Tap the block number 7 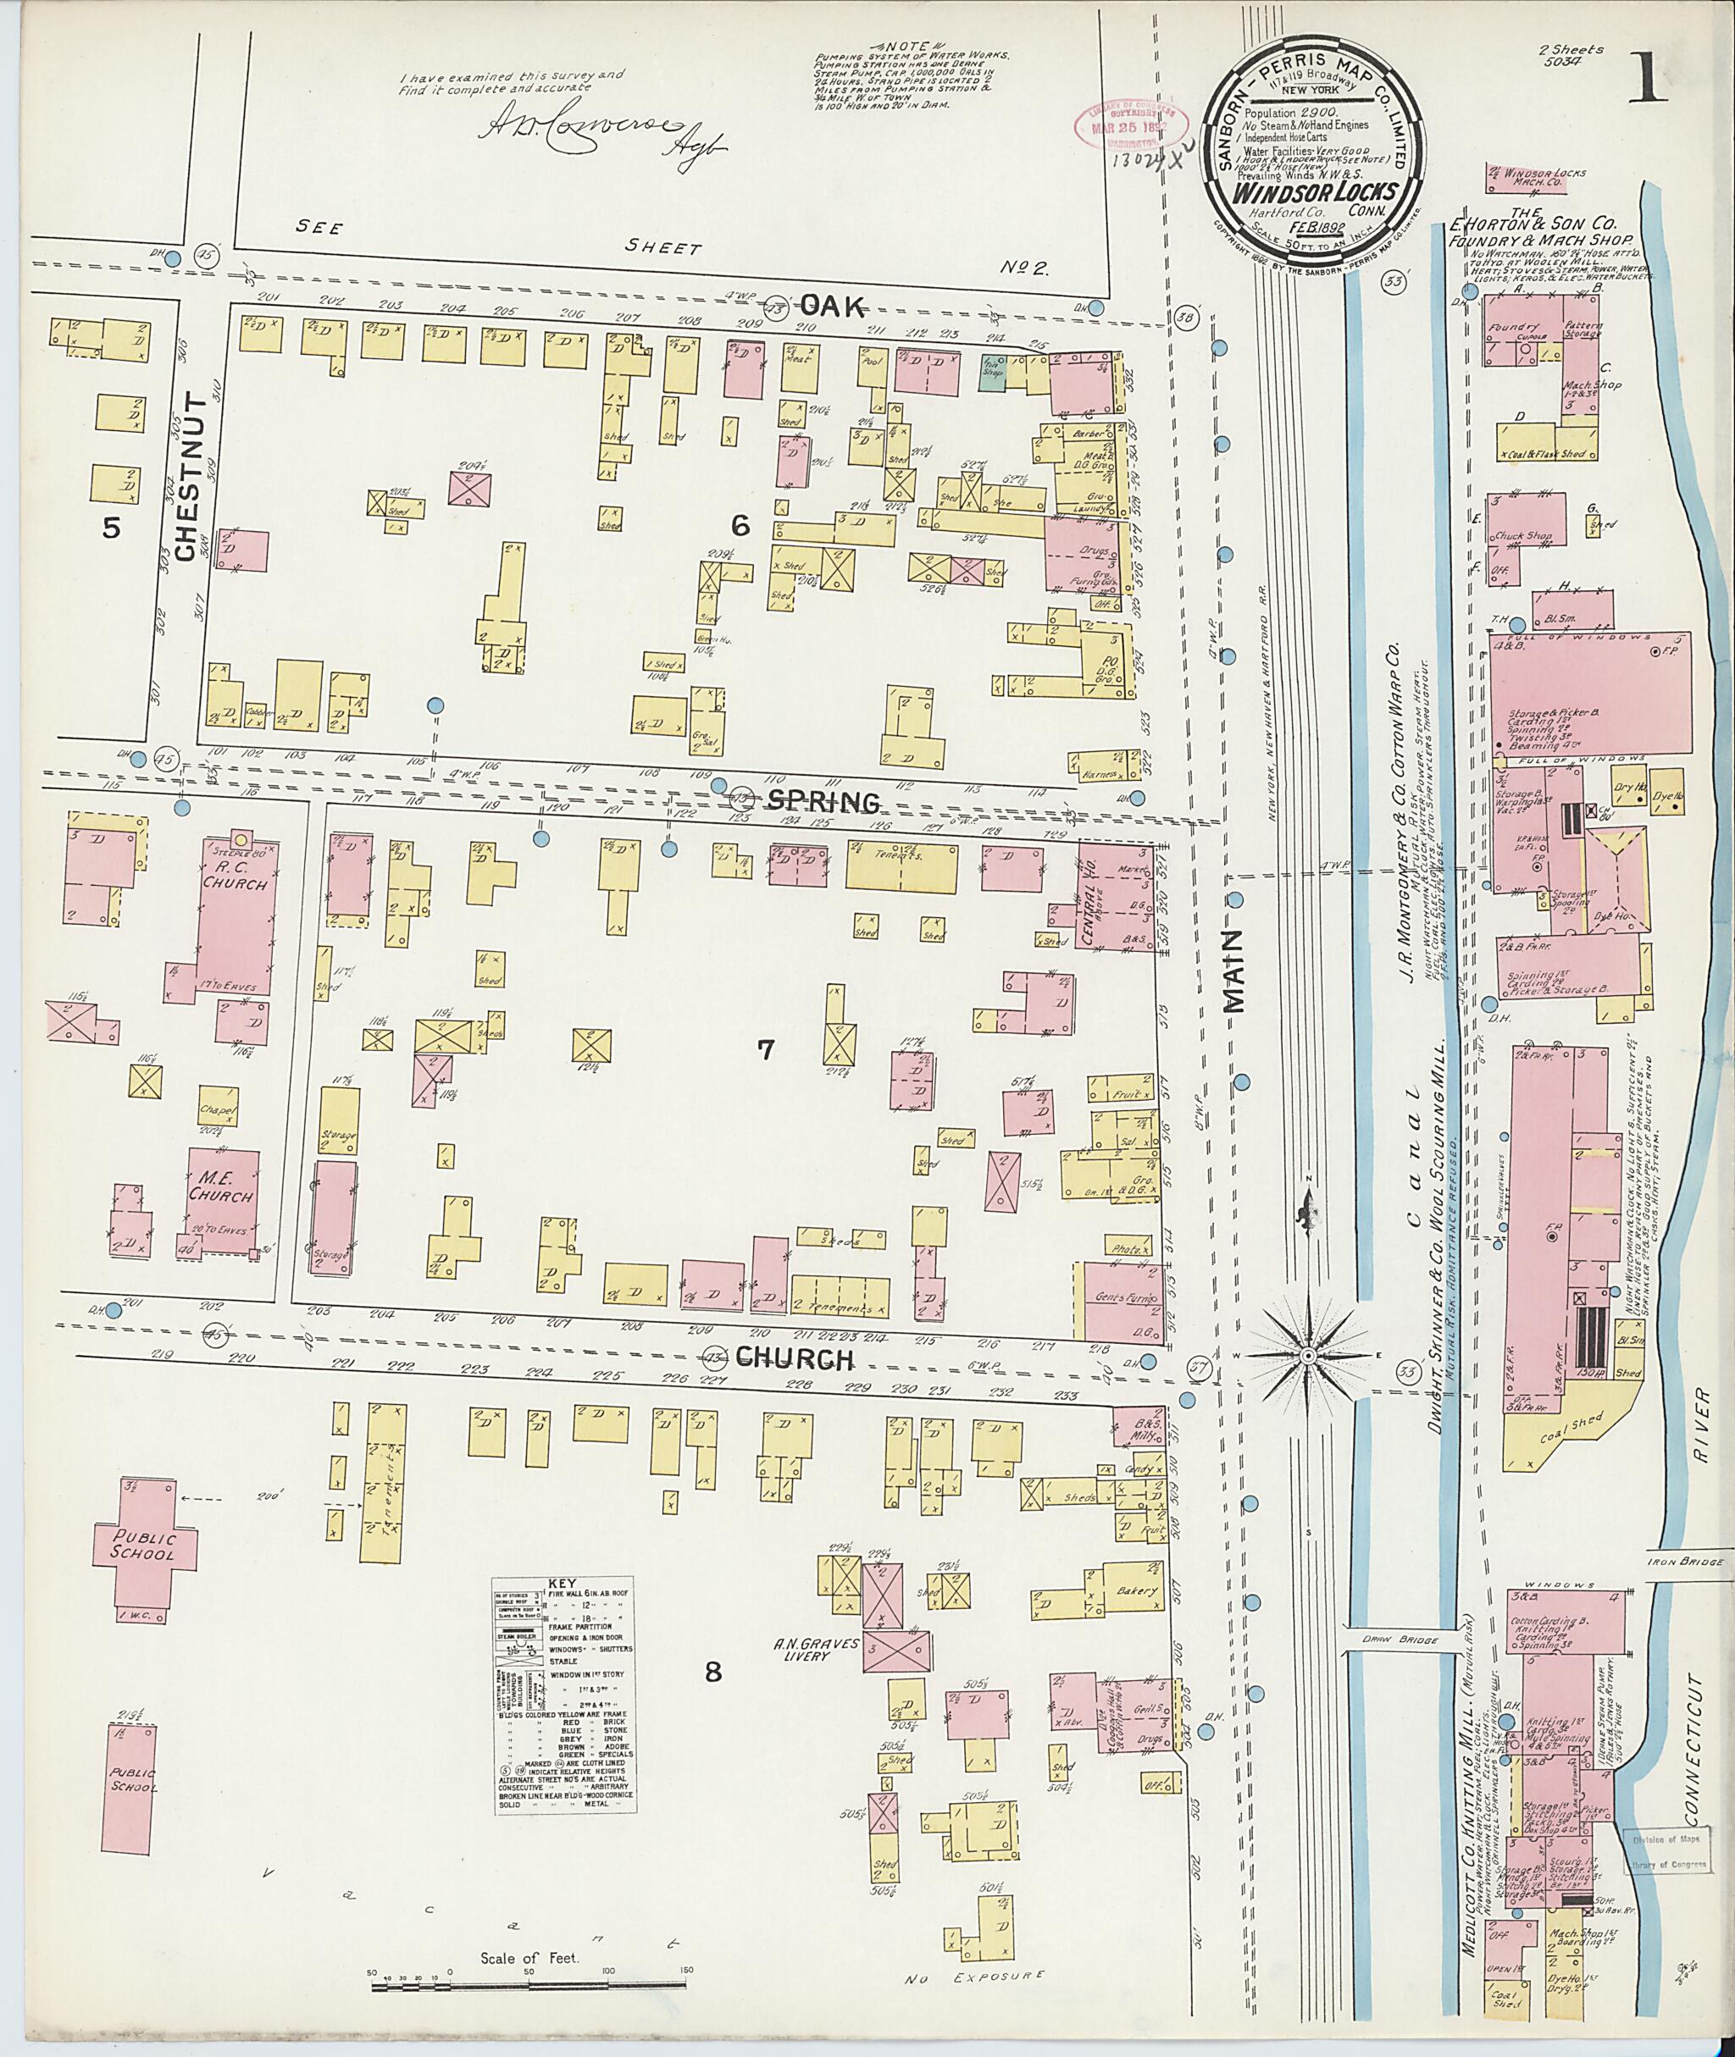point(765,1049)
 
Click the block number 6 point(740,526)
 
